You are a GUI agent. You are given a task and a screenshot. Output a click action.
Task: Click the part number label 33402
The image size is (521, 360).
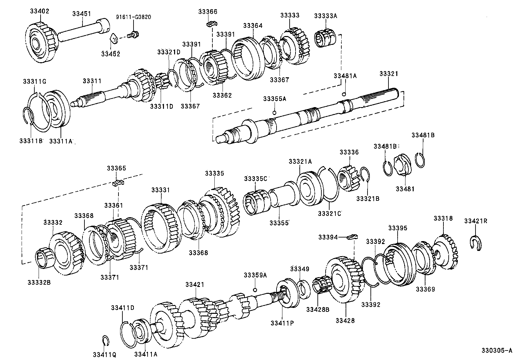click(39, 11)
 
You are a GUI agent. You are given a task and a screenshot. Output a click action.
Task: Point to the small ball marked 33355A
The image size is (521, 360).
click(275, 113)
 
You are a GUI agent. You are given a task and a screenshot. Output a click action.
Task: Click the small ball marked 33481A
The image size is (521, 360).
click(344, 94)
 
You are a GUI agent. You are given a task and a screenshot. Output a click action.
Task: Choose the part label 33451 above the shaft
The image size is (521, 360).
click(81, 14)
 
